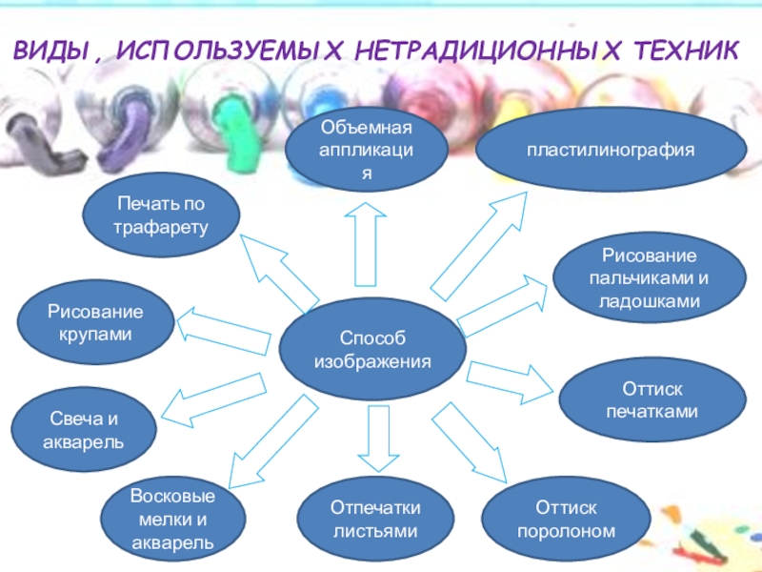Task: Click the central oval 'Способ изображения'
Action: tap(371, 350)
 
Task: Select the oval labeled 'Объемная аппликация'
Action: tap(368, 151)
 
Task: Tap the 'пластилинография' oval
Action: tap(612, 151)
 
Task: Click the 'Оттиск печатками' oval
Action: tap(652, 400)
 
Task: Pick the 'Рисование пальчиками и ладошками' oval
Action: tap(650, 279)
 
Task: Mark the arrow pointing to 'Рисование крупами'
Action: tap(219, 325)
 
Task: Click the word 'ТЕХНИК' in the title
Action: tap(681, 50)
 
